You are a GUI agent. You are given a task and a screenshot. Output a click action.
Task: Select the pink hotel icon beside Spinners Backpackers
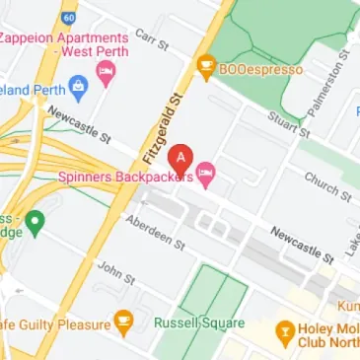206,178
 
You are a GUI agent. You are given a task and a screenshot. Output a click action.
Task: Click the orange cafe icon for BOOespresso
205,68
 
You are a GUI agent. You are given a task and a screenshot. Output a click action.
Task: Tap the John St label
115,273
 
